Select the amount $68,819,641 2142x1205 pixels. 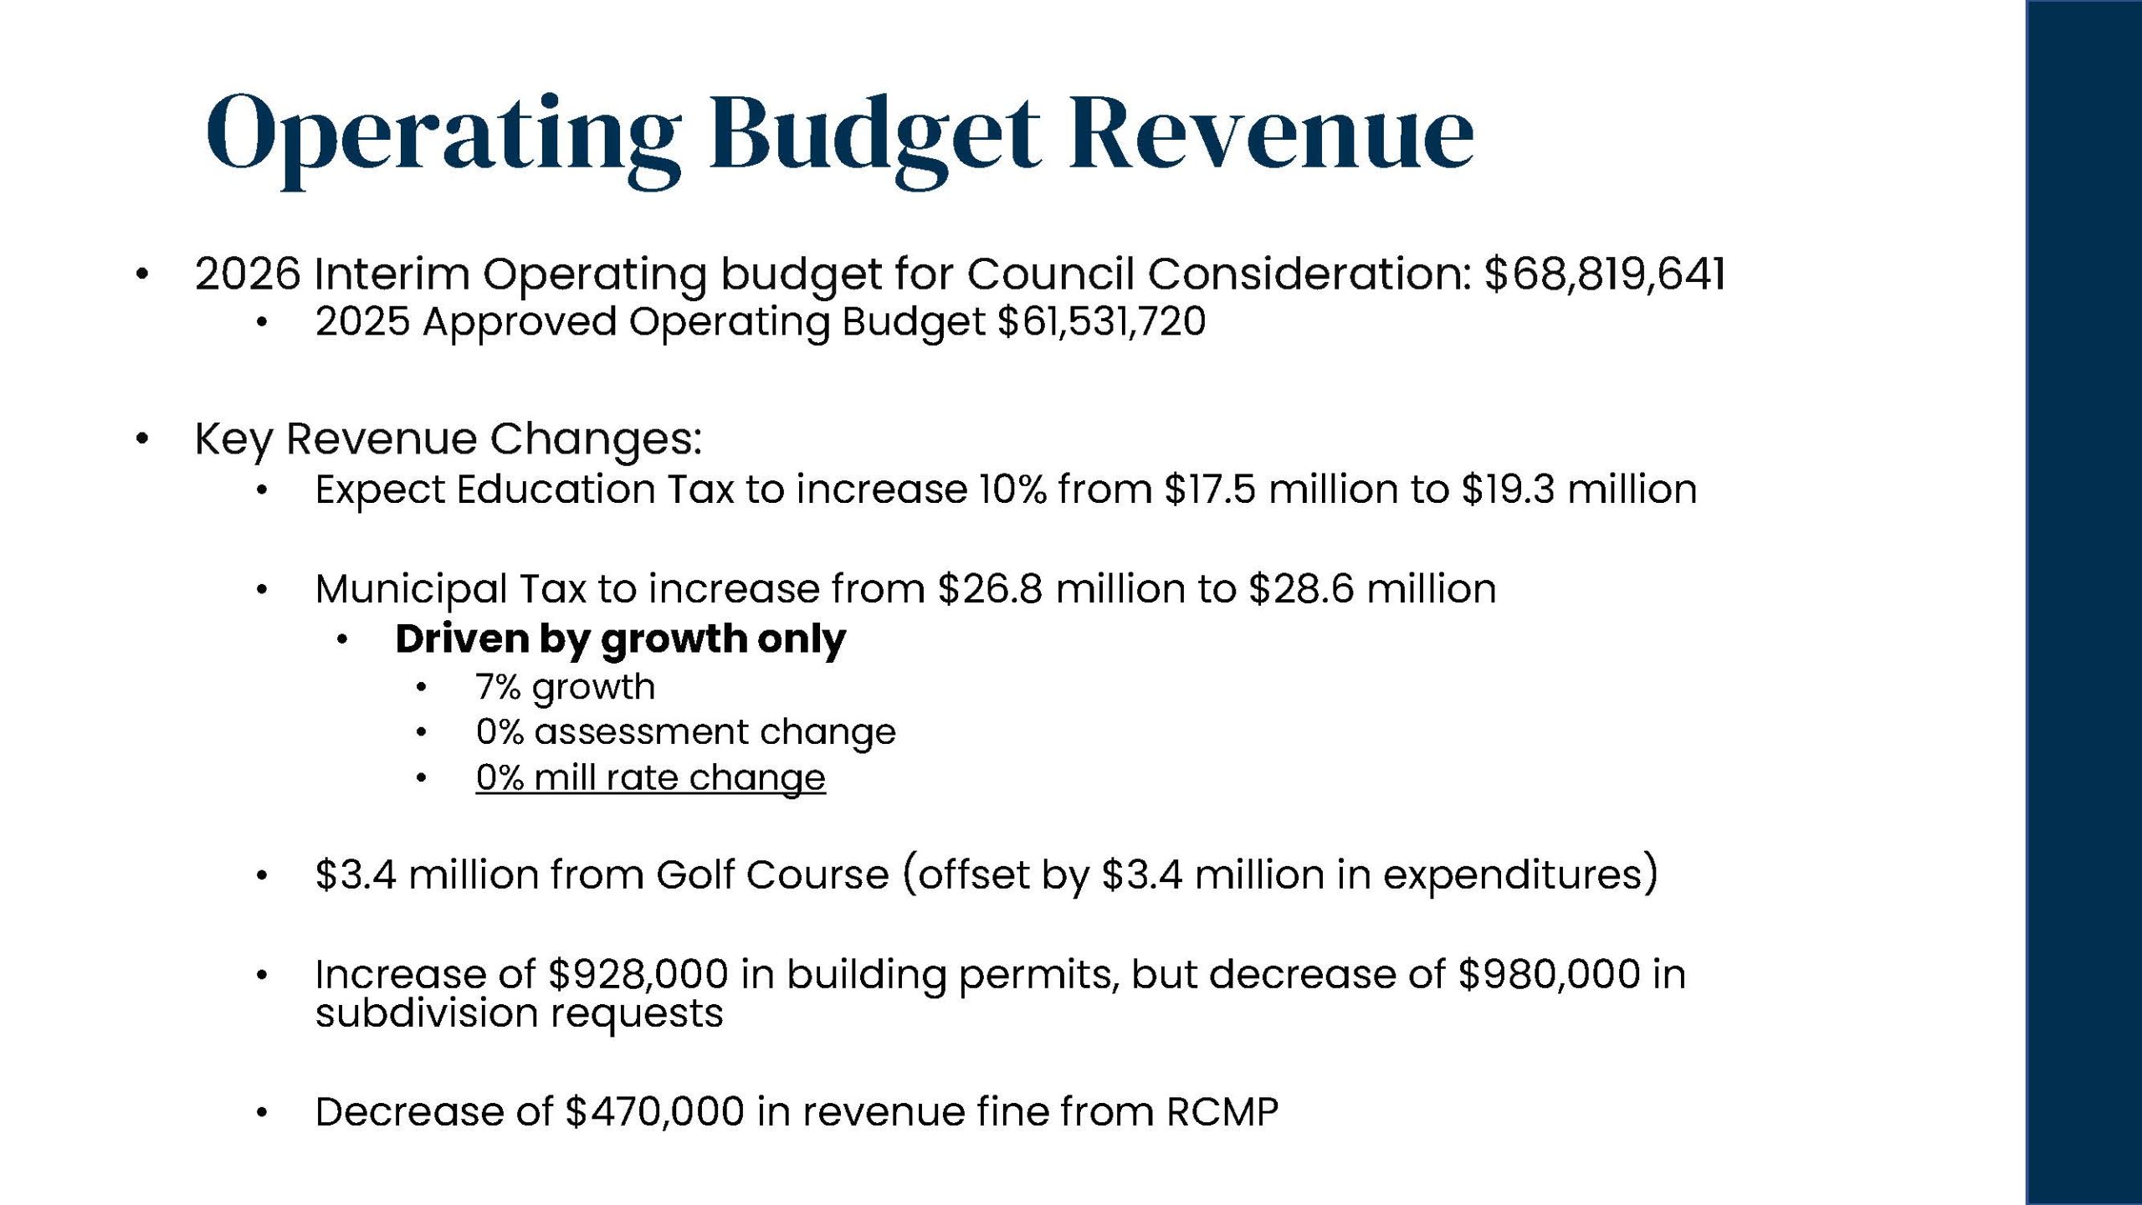(1604, 274)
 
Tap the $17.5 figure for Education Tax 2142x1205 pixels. (1209, 490)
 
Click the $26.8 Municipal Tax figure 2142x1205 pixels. (990, 588)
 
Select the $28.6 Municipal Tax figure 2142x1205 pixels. (1300, 588)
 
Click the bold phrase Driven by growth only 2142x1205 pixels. (620, 639)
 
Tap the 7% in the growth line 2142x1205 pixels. (498, 687)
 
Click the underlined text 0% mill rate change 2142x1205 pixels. (650, 777)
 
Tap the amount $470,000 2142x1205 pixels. (654, 1112)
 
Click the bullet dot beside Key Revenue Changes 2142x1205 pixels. (142, 438)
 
